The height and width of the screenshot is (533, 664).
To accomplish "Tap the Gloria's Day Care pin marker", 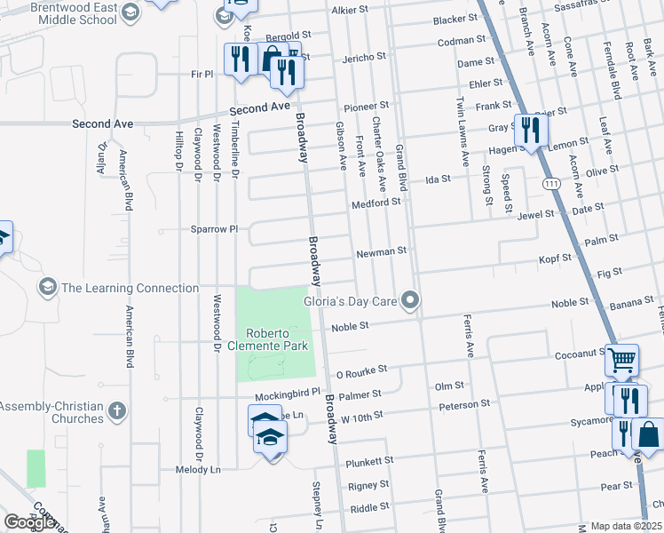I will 409,301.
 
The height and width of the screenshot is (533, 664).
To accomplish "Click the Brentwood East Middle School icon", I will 130,12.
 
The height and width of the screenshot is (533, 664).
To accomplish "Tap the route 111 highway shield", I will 552,182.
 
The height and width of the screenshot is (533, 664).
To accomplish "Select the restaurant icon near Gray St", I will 531,130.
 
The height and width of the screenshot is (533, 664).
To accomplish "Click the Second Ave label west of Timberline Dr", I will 103,124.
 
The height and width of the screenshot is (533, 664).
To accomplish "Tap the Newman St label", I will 381,252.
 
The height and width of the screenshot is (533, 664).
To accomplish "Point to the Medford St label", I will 375,203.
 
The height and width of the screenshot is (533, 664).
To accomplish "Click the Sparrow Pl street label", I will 214,229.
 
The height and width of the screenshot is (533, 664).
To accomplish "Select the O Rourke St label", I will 363,375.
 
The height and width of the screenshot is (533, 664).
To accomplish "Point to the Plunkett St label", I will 369,461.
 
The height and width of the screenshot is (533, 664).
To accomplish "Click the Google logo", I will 29,522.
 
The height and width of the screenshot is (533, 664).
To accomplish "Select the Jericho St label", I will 364,57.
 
